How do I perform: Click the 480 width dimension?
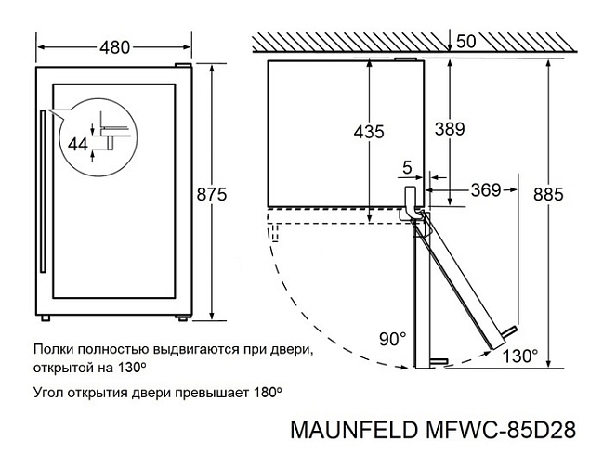click(115, 47)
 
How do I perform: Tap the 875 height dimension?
click(212, 194)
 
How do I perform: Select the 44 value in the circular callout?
click(78, 145)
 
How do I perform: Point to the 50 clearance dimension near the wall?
click(466, 42)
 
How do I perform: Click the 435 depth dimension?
click(369, 132)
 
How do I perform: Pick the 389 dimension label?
click(450, 129)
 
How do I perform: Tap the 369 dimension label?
click(486, 189)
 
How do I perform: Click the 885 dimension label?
click(548, 195)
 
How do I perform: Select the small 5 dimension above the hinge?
click(407, 167)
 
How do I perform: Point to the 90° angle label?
click(392, 339)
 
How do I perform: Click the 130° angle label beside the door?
click(520, 356)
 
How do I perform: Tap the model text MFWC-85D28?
click(501, 430)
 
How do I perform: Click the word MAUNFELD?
click(354, 430)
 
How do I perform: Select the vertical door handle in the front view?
click(43, 191)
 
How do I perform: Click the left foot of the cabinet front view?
click(46, 318)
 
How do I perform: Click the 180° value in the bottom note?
click(268, 393)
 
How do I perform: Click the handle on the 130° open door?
click(509, 331)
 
